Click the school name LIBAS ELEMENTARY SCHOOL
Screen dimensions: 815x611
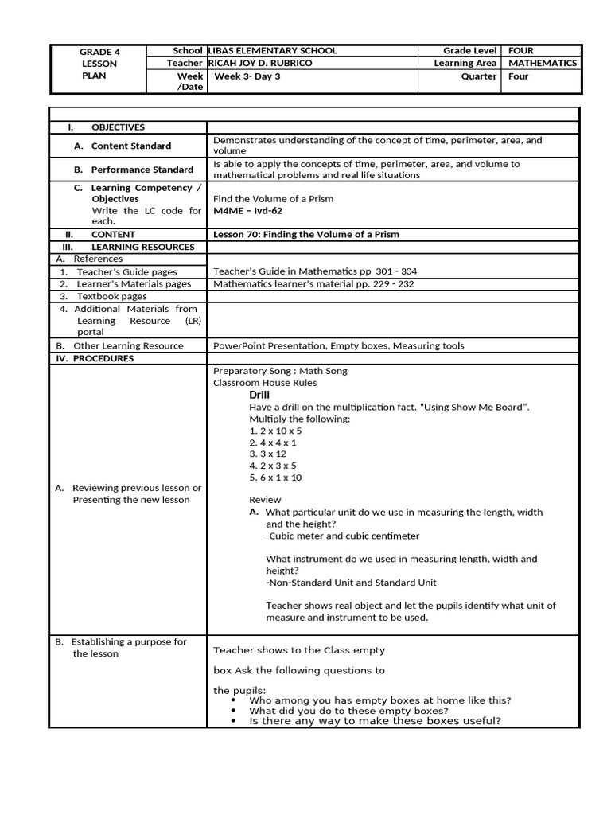271,50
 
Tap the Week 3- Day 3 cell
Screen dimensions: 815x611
246,76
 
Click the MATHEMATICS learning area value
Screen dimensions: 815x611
543,63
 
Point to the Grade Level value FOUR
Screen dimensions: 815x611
521,50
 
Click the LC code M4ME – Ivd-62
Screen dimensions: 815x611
247,211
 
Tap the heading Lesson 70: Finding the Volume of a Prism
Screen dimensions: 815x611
306,234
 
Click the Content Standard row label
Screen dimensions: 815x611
130,146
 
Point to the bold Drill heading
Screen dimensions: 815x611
259,395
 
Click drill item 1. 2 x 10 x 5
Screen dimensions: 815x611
275,431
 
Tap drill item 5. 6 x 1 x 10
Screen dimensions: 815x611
275,478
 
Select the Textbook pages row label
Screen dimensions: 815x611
111,296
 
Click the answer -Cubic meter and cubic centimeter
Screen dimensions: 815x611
342,536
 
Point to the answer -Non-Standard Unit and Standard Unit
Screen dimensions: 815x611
351,583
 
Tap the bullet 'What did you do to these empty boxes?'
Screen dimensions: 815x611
348,711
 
